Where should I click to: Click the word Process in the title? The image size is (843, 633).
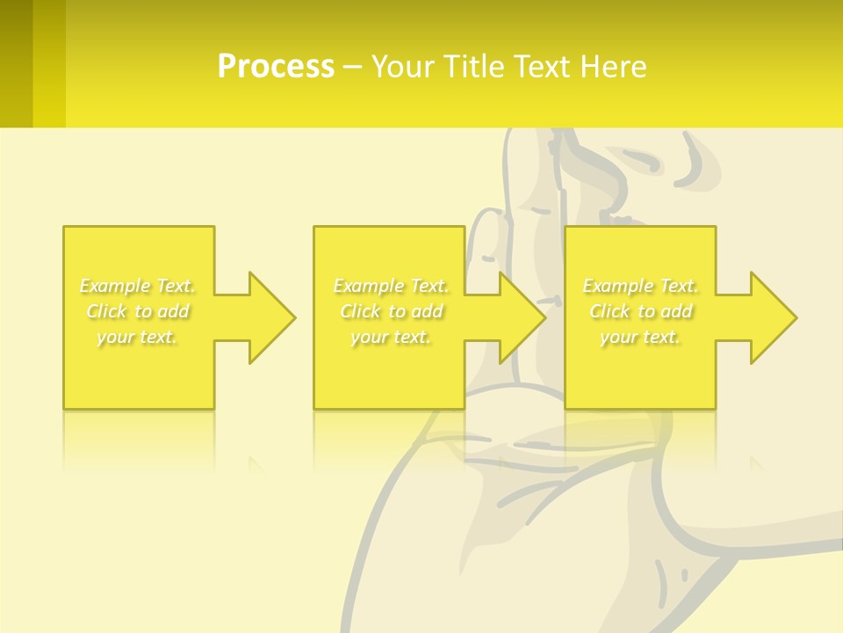coord(276,67)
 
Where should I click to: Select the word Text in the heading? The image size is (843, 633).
coord(544,67)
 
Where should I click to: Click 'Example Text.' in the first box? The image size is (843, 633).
coord(138,286)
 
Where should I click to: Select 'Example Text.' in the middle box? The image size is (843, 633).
coord(391,286)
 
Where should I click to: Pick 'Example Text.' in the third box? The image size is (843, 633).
coord(640,286)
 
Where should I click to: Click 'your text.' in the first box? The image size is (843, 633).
coord(138,337)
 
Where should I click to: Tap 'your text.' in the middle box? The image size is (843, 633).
coord(391,337)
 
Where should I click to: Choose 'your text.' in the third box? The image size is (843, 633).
coord(640,337)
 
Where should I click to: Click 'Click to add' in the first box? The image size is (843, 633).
coord(138,311)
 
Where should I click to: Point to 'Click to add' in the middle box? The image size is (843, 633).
coord(391,311)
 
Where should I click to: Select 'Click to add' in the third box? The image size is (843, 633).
coord(640,311)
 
